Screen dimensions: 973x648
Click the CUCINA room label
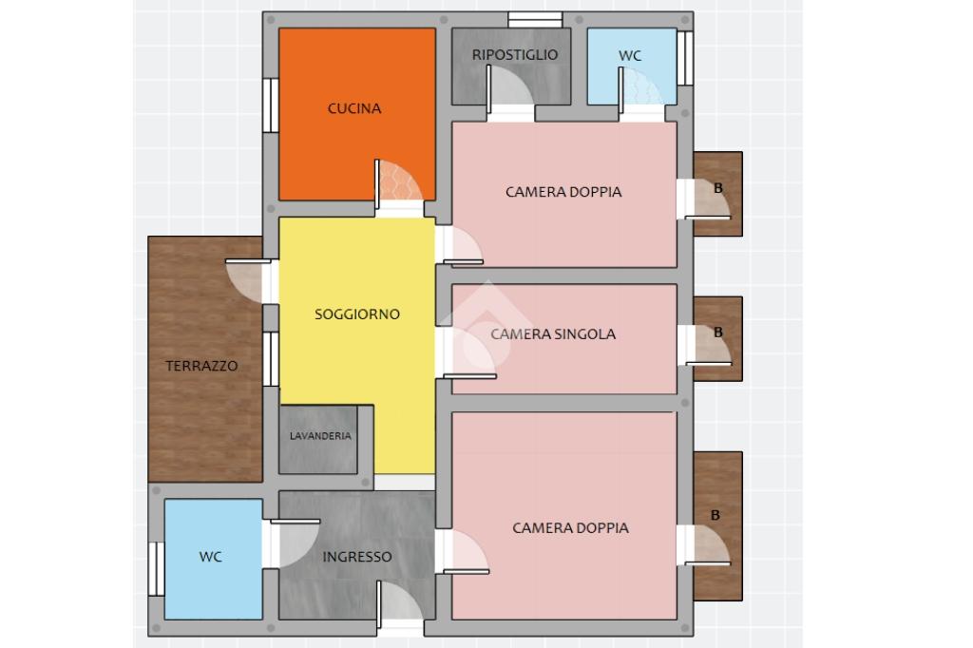354,108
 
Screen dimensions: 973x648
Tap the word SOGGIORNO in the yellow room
357,314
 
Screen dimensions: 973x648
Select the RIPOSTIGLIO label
514,54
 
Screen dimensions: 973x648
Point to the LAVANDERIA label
320,436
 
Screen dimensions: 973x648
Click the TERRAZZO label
201,366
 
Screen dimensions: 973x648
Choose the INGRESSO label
357,557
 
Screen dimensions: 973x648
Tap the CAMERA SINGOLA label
553,334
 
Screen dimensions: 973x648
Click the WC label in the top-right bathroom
630,56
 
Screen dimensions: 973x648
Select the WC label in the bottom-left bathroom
210,557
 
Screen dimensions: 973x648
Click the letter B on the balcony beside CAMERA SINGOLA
718,333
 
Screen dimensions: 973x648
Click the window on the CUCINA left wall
271,105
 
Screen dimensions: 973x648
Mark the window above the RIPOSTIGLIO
535,20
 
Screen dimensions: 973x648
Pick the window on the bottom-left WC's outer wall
157,568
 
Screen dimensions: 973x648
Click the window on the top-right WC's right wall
685,58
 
